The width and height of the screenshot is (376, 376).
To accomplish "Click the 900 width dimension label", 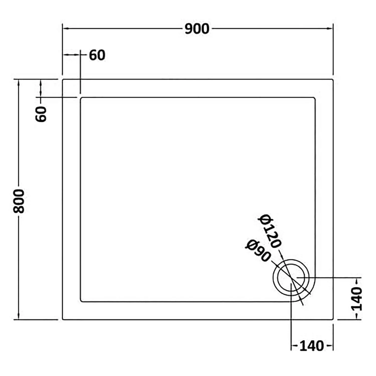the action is click(197, 29).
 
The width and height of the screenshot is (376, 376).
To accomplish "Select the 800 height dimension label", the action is click(19, 201).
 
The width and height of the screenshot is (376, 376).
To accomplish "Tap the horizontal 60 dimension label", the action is click(97, 55).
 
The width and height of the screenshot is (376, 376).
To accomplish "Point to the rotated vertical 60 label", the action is click(41, 114).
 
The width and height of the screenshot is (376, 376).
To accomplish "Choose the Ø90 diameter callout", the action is click(258, 251).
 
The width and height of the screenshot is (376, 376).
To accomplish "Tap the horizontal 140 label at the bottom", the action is click(312, 346).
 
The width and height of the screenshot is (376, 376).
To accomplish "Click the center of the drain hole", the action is click(291, 278).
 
